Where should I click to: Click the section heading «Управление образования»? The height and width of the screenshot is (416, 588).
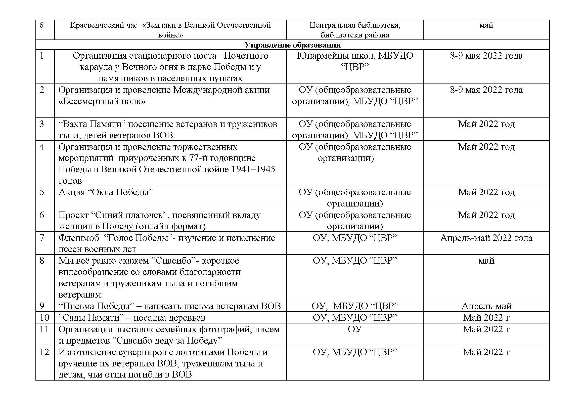click(292, 45)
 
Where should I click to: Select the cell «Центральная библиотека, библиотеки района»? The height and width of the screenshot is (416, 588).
click(354, 30)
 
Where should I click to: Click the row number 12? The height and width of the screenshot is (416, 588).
click(44, 352)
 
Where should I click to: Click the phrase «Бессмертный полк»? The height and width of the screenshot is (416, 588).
click(102, 101)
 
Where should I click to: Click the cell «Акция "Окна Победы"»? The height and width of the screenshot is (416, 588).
click(106, 192)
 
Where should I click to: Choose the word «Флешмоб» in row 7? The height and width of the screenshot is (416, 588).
click(79, 238)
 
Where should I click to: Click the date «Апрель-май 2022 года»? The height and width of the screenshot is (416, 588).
click(486, 238)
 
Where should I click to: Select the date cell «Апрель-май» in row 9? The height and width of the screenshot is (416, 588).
click(486, 306)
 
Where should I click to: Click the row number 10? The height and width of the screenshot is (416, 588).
click(44, 318)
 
